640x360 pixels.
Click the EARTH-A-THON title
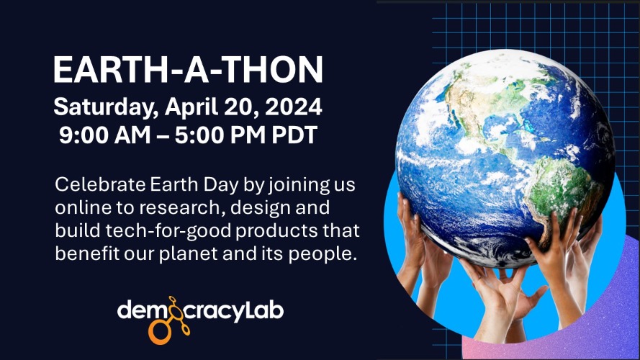[189, 70]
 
